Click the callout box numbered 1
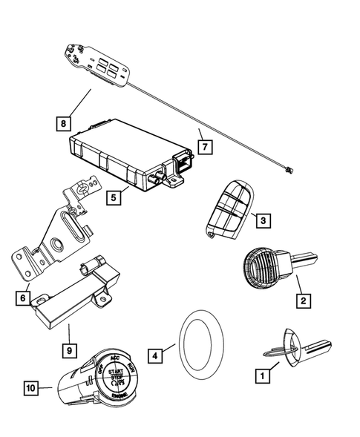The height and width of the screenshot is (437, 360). pyautogui.click(x=261, y=377)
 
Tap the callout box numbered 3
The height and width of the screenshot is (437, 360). pyautogui.click(x=261, y=219)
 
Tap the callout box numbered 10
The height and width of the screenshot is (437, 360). pyautogui.click(x=30, y=387)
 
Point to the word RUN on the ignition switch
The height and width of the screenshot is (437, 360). pyautogui.click(x=131, y=366)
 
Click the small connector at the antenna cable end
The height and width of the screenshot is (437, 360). pyautogui.click(x=286, y=191)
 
